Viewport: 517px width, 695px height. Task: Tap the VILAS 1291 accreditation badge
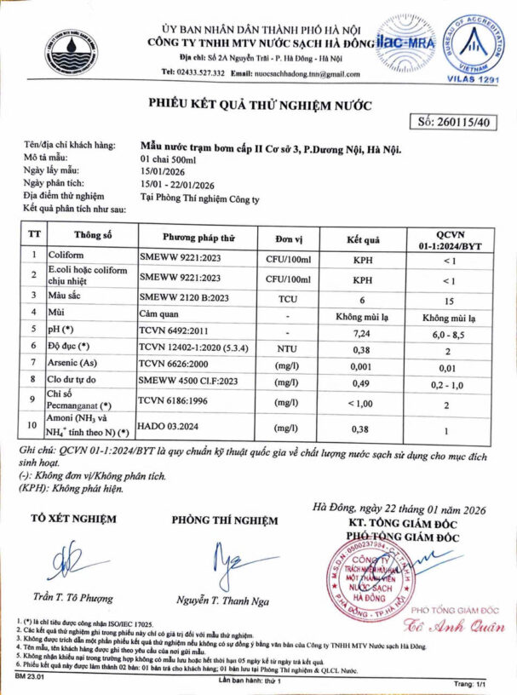point(474,47)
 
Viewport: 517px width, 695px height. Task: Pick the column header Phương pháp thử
point(198,236)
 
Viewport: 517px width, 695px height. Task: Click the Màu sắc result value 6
point(362,300)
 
